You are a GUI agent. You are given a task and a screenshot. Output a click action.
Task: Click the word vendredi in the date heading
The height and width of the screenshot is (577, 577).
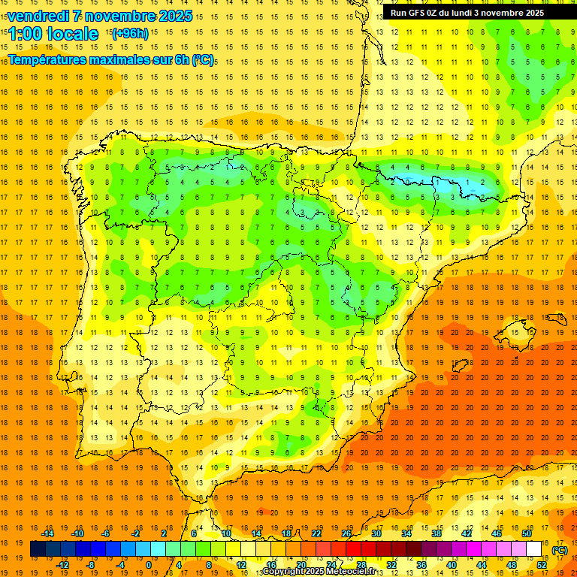click(38, 16)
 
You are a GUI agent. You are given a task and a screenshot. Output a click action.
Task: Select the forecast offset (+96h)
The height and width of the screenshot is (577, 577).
click(129, 34)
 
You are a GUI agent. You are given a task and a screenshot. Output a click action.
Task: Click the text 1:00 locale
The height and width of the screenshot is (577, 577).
click(53, 34)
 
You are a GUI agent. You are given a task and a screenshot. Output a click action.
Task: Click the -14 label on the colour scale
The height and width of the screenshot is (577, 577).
click(47, 533)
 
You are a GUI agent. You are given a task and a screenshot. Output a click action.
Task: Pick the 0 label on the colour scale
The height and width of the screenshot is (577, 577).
click(149, 565)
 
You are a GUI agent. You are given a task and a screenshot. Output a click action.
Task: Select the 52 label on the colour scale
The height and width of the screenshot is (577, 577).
click(542, 565)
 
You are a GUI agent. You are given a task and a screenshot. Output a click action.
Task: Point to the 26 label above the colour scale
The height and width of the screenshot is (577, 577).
click(346, 533)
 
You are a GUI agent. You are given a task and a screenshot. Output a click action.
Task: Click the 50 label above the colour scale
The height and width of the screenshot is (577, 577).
click(526, 533)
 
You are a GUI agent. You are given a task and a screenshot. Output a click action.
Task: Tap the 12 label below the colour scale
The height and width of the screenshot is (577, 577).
click(241, 565)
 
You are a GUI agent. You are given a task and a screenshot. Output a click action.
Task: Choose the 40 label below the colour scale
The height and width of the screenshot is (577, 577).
click(452, 565)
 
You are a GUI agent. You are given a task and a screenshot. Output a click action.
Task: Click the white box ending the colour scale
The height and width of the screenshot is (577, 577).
click(533, 549)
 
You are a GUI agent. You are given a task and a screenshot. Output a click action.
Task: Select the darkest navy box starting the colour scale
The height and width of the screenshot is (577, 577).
click(38, 549)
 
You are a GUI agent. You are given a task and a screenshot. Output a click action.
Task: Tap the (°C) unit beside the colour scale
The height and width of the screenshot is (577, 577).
click(560, 550)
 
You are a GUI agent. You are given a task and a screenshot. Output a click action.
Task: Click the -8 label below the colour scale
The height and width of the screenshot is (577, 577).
click(91, 565)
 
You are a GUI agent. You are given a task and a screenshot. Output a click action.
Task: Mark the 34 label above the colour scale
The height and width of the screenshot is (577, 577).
click(406, 533)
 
